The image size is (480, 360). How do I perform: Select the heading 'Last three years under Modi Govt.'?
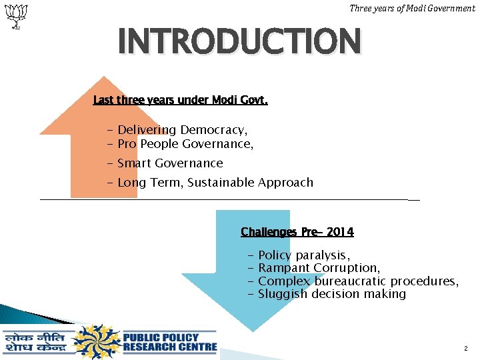[180, 101]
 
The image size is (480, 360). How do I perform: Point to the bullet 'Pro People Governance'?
[185, 143]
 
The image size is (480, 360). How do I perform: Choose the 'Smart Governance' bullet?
[169, 163]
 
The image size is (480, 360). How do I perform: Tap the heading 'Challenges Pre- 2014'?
[297, 232]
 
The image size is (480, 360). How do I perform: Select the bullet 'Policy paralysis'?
[303, 255]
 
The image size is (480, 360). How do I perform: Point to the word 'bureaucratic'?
[350, 281]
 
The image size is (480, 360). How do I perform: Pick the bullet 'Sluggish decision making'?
[331, 294]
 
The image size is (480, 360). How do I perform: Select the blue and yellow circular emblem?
[97, 342]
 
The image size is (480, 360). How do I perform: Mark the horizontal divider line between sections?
[227, 199]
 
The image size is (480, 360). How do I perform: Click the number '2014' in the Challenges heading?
[341, 232]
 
